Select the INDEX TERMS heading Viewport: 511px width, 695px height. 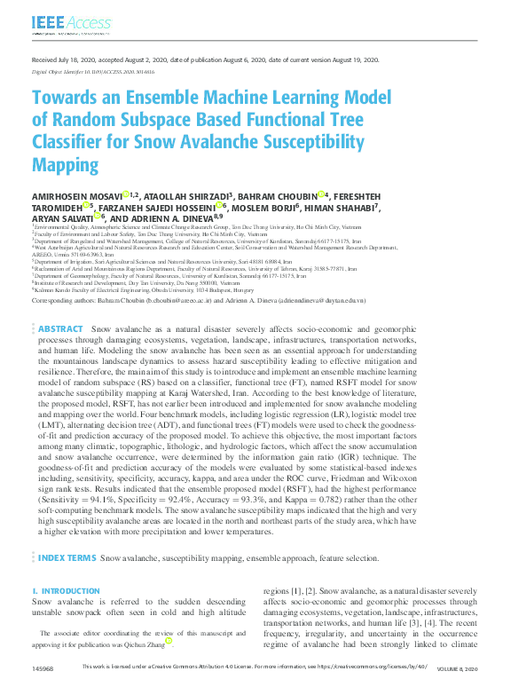pyautogui.click(x=67, y=557)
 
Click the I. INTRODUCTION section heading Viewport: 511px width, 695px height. pyautogui.click(x=66, y=590)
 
